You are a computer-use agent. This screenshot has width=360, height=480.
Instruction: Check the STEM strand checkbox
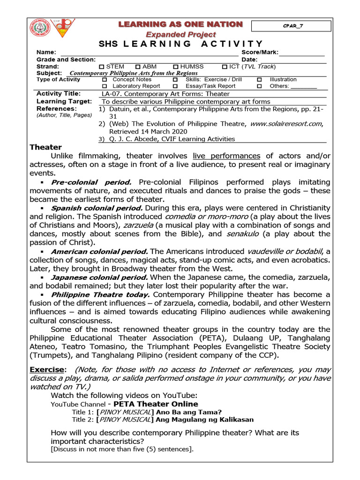(x=102, y=67)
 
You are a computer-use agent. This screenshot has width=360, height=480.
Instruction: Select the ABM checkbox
(x=138, y=67)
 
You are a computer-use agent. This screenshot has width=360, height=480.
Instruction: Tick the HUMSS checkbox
(x=175, y=67)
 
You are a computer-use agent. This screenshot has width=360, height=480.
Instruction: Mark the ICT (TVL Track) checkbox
(x=225, y=67)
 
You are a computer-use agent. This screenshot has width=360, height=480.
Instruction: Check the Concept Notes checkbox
(x=104, y=80)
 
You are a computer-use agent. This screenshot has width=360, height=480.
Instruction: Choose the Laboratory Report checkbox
(x=104, y=86)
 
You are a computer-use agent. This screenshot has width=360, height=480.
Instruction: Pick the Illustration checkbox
(x=259, y=80)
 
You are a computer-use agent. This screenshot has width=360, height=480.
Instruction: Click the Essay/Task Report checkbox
(x=175, y=86)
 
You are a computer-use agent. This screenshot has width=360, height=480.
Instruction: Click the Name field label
(x=46, y=52)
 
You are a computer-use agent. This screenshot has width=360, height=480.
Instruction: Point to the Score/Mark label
(x=260, y=52)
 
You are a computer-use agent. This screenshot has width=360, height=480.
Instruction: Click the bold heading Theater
(x=45, y=147)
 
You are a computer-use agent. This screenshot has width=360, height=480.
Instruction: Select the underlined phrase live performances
(x=226, y=156)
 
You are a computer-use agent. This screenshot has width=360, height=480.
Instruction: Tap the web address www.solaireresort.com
(x=286, y=124)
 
